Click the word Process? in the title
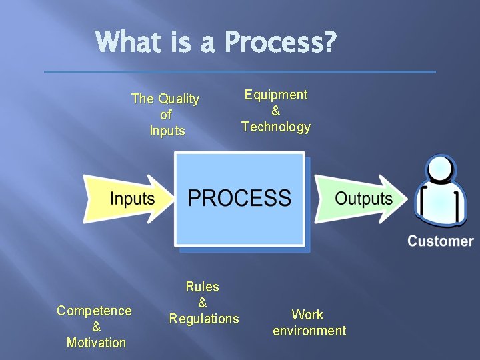point(281,43)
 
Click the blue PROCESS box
point(239,199)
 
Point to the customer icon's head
point(441,171)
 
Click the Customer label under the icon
point(441,241)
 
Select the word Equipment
point(276,95)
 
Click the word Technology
point(276,127)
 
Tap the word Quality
point(179,99)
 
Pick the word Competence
point(94,311)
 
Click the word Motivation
point(96,343)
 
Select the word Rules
point(203,287)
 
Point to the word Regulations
point(204,319)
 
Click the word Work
point(308,315)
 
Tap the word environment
point(309,331)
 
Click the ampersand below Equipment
point(276,111)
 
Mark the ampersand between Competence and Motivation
point(96,327)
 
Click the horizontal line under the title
point(240,71)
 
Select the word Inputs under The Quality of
point(167,131)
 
